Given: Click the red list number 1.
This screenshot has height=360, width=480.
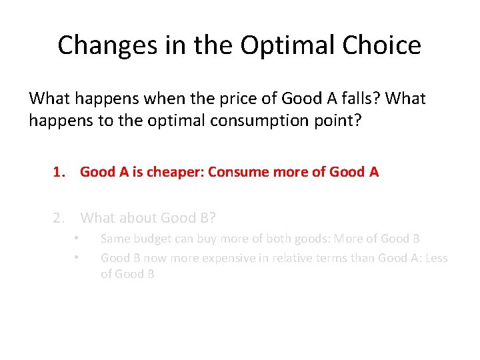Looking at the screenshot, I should point(59,172).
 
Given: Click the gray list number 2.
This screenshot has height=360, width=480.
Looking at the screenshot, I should point(59,217).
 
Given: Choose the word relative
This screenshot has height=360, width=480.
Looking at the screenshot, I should point(289,257).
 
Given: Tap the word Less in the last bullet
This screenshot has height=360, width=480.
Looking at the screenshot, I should point(433,257).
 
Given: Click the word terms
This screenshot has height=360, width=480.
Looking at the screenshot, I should point(331,257).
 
